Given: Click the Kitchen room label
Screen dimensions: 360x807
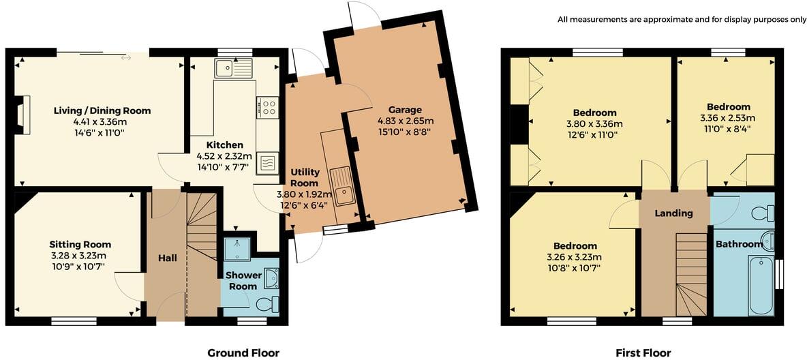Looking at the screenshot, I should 225,145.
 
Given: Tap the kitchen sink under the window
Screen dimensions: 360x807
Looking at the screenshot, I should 232,67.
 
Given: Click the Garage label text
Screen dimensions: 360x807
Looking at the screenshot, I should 405,109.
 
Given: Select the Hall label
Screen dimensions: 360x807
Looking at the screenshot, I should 167,258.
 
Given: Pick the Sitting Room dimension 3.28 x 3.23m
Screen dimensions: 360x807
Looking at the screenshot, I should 80,256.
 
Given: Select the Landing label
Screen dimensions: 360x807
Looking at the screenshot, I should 673,213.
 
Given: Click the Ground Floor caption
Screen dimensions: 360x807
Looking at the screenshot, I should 243,352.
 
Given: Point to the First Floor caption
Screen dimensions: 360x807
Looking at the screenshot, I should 643,352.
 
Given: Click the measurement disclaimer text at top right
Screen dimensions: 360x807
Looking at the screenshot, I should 682,19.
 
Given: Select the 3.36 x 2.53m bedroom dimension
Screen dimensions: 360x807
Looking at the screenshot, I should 728,118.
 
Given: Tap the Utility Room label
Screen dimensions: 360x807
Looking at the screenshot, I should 304,179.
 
